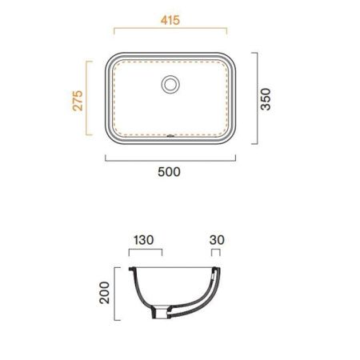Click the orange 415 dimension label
coord(170,20)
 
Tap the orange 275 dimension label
coord(78,101)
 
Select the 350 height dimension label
coord(266,99)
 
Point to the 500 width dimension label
coord(169,172)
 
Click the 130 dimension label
coord(143,240)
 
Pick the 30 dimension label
coord(217,240)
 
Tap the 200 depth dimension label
coord(104,293)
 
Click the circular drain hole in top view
coord(170,85)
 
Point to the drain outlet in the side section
coord(161,313)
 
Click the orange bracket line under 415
coord(170,28)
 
